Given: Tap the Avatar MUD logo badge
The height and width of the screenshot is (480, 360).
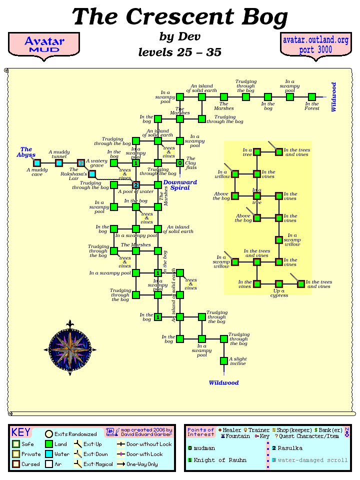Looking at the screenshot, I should point(44,45).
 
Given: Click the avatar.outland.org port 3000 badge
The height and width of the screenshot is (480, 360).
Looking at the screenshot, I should point(315,45).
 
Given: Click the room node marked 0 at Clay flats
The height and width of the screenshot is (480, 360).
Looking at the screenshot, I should point(180,162).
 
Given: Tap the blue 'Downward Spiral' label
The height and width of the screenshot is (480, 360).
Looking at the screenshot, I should point(180,185).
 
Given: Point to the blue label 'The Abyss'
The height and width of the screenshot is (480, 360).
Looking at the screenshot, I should point(26,152).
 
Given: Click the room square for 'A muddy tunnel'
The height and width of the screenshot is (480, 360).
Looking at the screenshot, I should point(59,162).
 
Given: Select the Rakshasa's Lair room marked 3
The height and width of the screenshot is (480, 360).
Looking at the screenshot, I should point(81,162).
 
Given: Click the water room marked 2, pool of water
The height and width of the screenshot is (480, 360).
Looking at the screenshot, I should point(136,185).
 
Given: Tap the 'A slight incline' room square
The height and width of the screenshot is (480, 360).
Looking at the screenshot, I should point(224,360).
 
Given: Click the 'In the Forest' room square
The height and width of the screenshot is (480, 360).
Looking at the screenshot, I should point(312,96).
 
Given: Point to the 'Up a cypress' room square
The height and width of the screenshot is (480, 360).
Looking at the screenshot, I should point(279,284).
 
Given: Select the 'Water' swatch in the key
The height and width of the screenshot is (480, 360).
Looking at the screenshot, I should point(49,454).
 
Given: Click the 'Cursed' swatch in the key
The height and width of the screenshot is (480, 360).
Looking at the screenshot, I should point(16,464).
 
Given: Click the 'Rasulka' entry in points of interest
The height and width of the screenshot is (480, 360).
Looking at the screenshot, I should point(290,448).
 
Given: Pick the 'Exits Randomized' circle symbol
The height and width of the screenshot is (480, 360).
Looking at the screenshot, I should point(49,434).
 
